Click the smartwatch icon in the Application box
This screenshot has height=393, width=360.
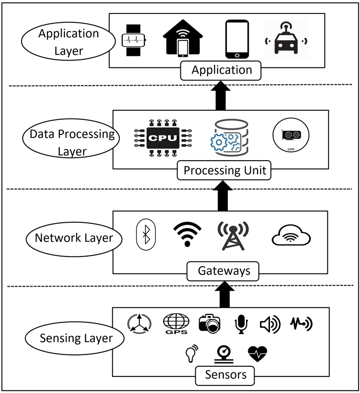(x=134, y=40)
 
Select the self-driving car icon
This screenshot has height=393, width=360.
(x=285, y=40)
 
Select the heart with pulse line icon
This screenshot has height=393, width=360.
(x=258, y=354)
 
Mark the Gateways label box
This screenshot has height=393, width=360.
(x=223, y=271)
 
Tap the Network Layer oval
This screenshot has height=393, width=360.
(x=74, y=238)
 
